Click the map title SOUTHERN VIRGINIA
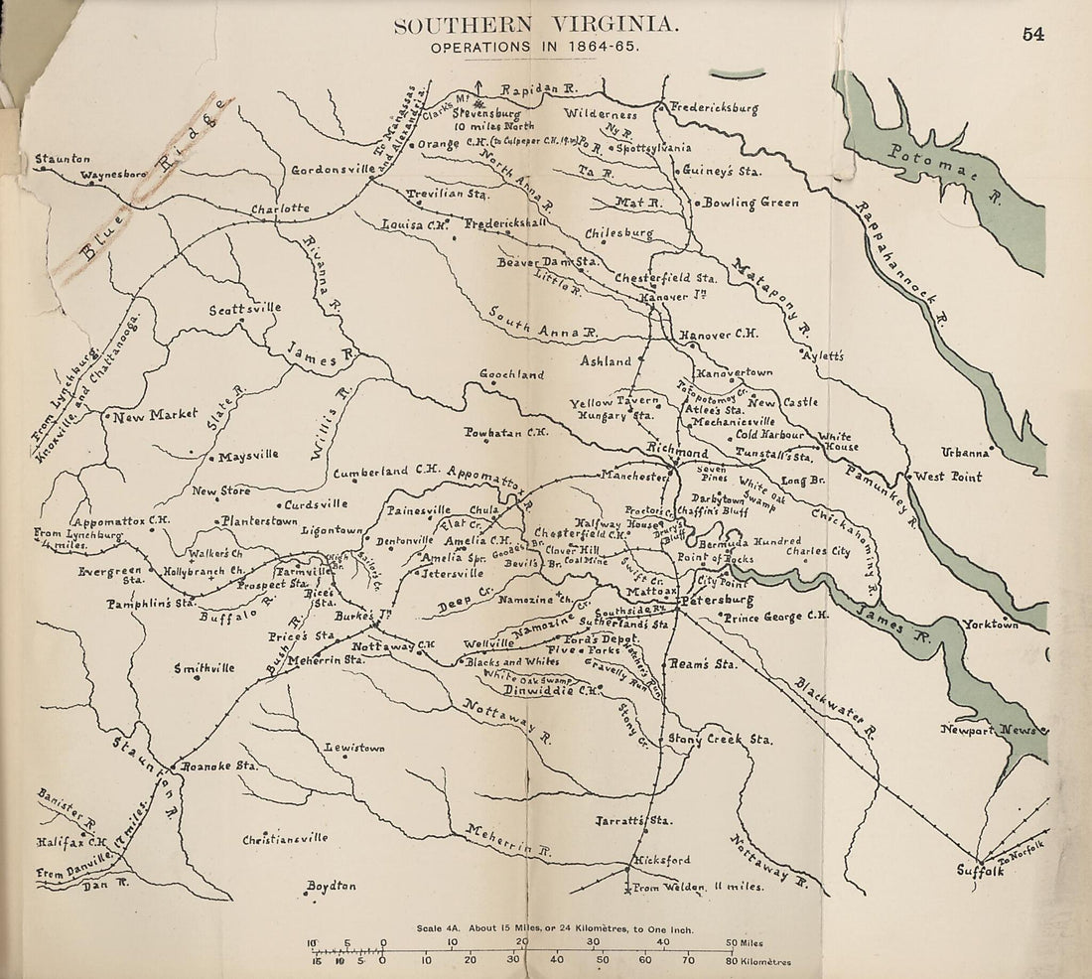(537, 26)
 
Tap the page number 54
(1032, 34)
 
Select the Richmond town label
(677, 453)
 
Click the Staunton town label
(63, 158)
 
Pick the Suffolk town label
(981, 871)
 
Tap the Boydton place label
(331, 886)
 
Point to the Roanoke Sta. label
(218, 767)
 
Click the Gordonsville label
(333, 170)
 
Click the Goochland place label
(512, 374)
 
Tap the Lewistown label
(354, 747)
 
